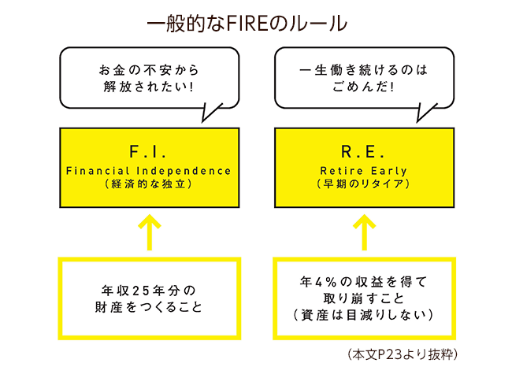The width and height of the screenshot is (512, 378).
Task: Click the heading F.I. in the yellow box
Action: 149,151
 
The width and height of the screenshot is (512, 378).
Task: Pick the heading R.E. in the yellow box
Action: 363,151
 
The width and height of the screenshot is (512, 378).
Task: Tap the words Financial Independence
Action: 149,170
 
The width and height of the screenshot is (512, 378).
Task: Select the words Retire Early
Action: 363,170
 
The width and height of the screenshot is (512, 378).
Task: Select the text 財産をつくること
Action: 149,306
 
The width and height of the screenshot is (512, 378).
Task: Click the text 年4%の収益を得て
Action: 363,280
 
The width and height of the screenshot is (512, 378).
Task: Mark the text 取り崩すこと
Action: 363,298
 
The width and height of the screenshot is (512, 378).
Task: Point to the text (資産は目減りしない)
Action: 363,315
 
